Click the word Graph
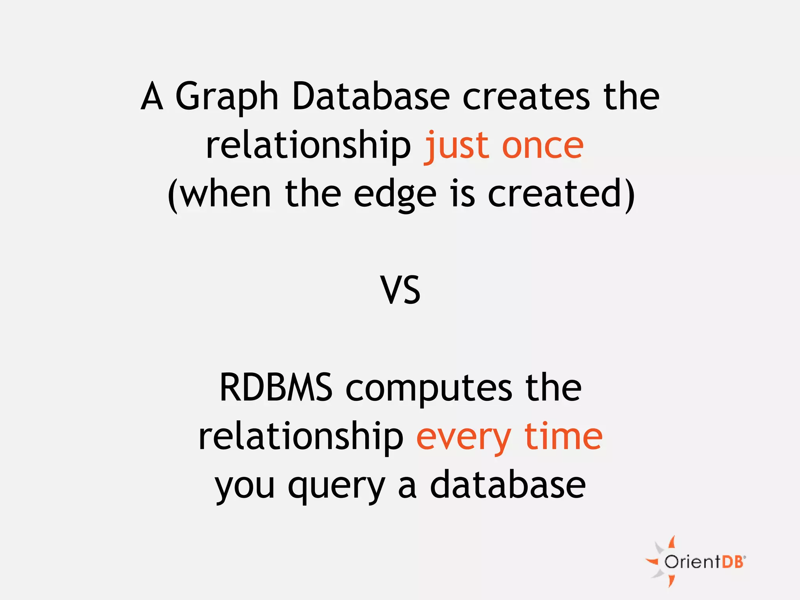[x=227, y=97]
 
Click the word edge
[x=395, y=195]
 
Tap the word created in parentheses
[x=555, y=194]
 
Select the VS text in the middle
[x=400, y=290]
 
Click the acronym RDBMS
[x=276, y=387]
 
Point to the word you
[x=245, y=486]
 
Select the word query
[x=336, y=486]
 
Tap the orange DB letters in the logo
[x=733, y=562]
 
